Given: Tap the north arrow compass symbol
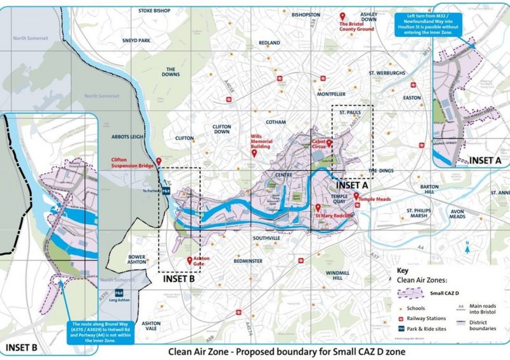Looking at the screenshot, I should tap(468, 247).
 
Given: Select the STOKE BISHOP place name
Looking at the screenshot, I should tap(154, 11).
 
